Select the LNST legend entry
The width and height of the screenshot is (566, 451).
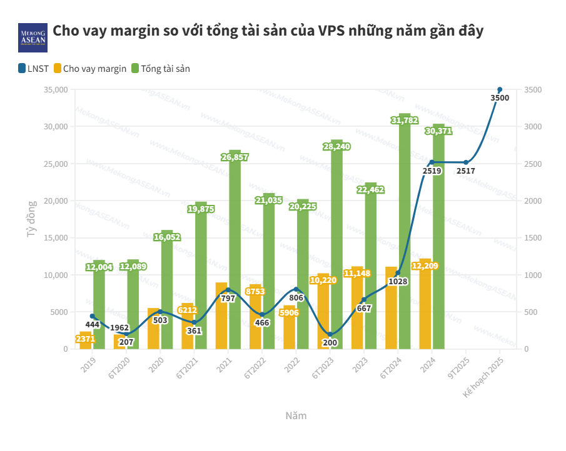pos(34,69)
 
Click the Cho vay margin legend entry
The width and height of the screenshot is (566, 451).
pos(90,69)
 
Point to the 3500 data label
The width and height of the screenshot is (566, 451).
pos(500,98)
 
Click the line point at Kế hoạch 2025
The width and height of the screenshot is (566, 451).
pos(500,90)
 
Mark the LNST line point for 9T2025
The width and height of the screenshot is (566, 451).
pos(466,162)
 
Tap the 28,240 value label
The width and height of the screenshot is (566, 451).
pos(336,146)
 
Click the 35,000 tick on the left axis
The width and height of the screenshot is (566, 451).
pos(56,90)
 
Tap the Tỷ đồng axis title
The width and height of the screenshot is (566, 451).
pos(33,219)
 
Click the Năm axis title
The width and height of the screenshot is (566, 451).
pos(296,415)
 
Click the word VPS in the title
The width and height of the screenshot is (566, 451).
pos(334,32)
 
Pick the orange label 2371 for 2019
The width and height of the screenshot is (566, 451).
pos(85,339)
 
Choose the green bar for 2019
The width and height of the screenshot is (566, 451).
pos(99,306)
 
